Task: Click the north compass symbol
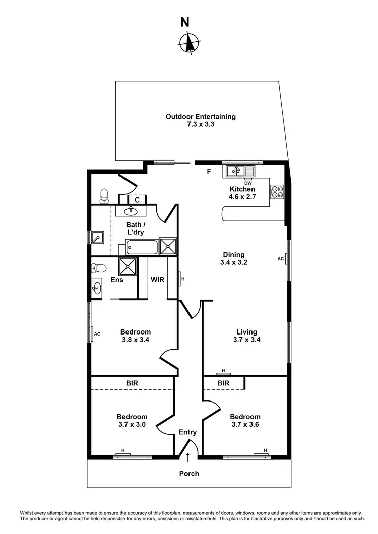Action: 189,42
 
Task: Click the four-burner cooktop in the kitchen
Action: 277,192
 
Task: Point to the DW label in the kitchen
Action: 248,183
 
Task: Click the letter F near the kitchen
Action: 208,172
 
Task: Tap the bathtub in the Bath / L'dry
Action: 142,247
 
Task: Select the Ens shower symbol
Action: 128,266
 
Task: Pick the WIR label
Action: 158,280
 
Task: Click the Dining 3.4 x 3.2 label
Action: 233,258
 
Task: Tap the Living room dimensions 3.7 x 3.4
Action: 247,340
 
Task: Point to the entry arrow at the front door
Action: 188,457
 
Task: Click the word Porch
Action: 189,474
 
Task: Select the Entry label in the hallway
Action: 188,432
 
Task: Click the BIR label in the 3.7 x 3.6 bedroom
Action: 223,383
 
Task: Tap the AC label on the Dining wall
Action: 281,259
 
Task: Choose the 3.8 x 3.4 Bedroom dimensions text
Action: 136,340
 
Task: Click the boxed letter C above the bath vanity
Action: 137,199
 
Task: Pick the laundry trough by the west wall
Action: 98,237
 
